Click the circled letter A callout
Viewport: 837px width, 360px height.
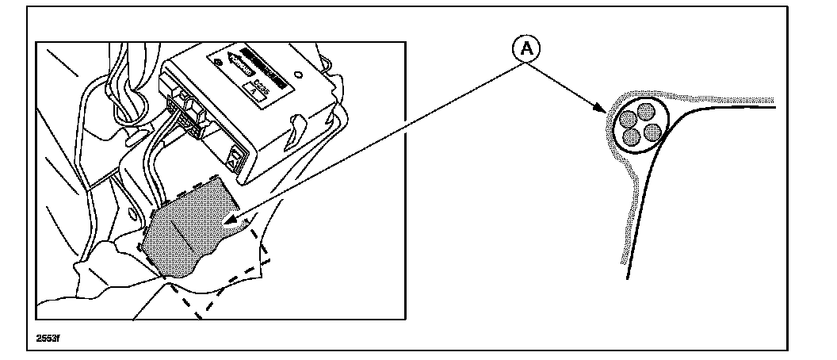[526, 49]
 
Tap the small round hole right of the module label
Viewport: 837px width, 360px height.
[300, 69]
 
